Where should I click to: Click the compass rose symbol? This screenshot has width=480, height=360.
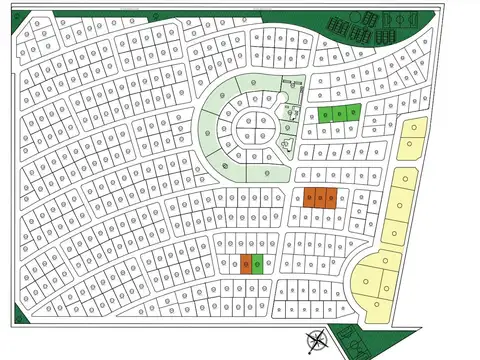coord(316,341)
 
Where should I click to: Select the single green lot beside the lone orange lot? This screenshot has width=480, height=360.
coord(257,264)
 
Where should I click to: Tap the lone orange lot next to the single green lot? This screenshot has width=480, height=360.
coord(246,264)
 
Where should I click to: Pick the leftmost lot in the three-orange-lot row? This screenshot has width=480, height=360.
coord(309,198)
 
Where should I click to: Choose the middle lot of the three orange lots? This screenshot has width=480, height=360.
coord(320,198)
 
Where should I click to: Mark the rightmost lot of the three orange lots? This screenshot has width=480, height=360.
coord(331,198)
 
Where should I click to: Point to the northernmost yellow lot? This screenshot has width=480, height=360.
coord(411,129)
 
